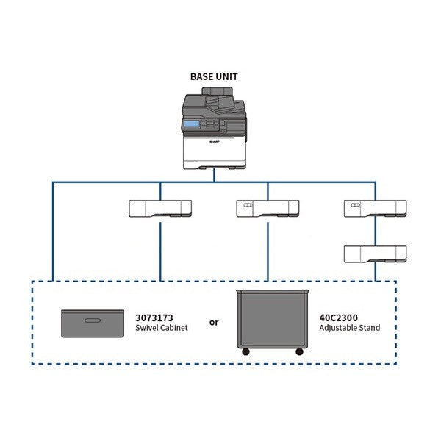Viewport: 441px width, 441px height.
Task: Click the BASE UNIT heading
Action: pyautogui.click(x=214, y=76)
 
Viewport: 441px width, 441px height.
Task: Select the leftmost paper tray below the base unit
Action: pyautogui.click(x=159, y=209)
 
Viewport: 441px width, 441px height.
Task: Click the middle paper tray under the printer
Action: pyautogui.click(x=267, y=209)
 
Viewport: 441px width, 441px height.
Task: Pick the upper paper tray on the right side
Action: pyautogui.click(x=375, y=209)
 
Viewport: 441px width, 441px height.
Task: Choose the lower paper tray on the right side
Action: pyautogui.click(x=375, y=254)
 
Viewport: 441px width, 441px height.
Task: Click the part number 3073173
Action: pyautogui.click(x=154, y=318)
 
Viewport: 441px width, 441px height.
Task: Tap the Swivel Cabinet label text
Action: pyautogui.click(x=157, y=328)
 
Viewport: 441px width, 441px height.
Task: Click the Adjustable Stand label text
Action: pyautogui.click(x=350, y=328)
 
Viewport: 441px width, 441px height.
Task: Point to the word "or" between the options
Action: pyautogui.click(x=214, y=323)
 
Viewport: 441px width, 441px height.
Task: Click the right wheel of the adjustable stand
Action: pyautogui.click(x=299, y=353)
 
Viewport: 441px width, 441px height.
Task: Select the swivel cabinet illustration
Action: pyautogui.click(x=92, y=322)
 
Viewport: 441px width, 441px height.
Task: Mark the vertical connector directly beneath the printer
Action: pyautogui.click(x=214, y=175)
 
